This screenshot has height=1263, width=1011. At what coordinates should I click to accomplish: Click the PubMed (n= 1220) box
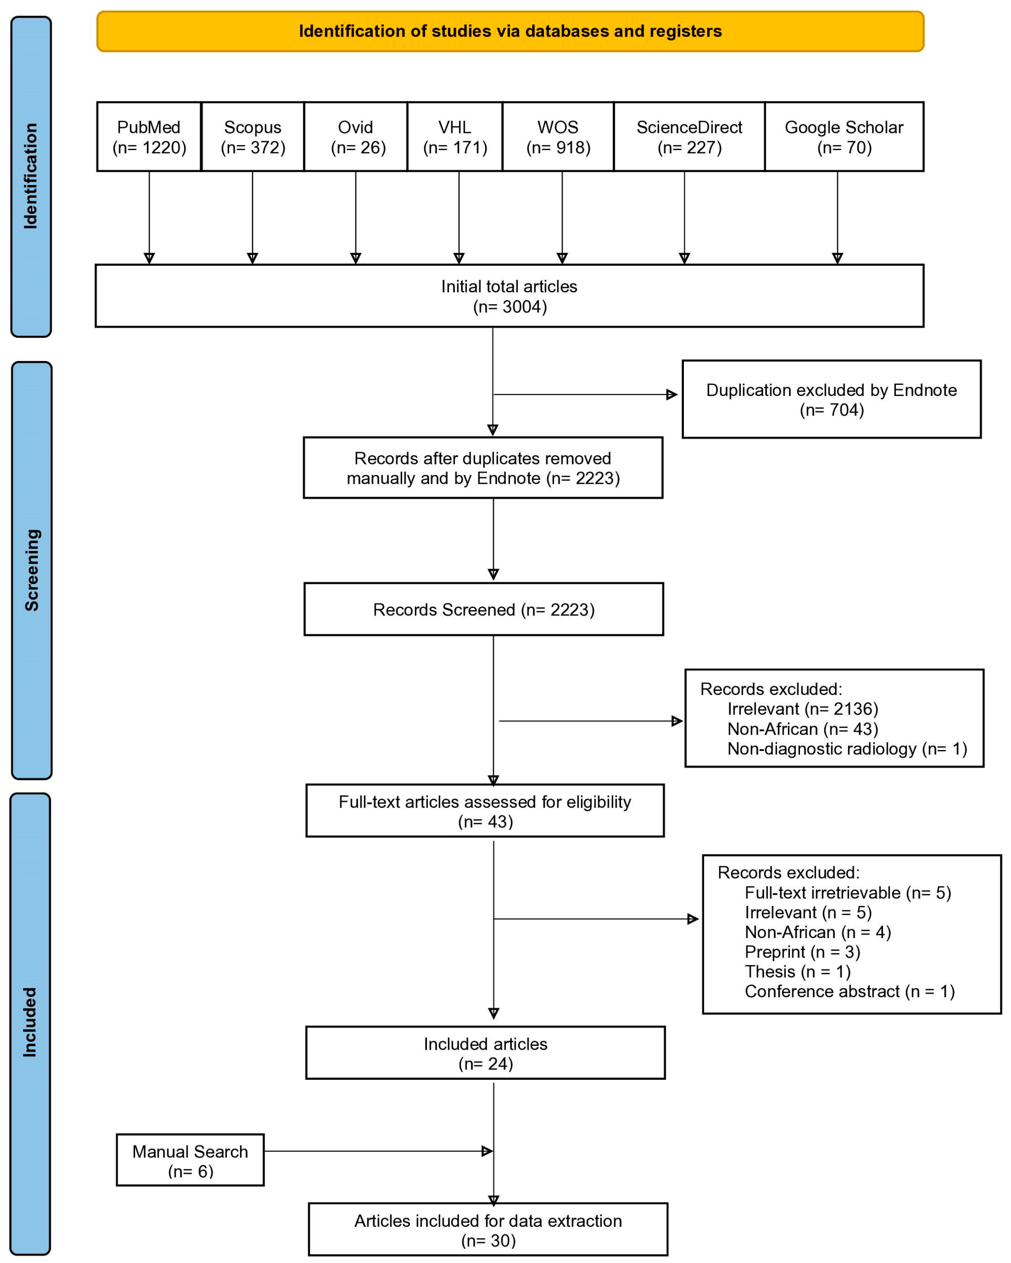pyautogui.click(x=149, y=136)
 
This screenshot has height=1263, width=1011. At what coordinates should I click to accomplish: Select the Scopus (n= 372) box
pyautogui.click(x=253, y=136)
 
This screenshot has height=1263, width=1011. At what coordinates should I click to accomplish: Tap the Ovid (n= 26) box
pyautogui.click(x=355, y=136)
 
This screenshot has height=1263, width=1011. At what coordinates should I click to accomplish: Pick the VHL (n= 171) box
pyautogui.click(x=455, y=136)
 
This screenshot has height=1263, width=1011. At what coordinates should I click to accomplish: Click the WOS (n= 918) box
pyautogui.click(x=558, y=136)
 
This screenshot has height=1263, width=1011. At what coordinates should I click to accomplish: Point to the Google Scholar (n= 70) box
pyautogui.click(x=844, y=136)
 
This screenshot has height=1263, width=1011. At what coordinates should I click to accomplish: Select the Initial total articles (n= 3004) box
pyautogui.click(x=509, y=296)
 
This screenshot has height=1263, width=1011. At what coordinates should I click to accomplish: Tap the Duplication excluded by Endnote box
pyautogui.click(x=831, y=400)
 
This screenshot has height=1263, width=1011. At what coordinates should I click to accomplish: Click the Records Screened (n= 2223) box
pyautogui.click(x=483, y=609)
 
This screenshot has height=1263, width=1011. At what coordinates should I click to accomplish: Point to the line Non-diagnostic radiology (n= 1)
pyautogui.click(x=846, y=749)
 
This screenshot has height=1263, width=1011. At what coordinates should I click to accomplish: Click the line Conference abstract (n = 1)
pyautogui.click(x=849, y=991)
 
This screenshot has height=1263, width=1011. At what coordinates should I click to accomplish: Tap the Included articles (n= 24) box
pyautogui.click(x=485, y=1053)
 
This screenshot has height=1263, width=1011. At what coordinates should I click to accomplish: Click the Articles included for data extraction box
pyautogui.click(x=487, y=1229)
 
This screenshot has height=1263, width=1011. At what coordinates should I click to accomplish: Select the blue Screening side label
pyautogui.click(x=32, y=570)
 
